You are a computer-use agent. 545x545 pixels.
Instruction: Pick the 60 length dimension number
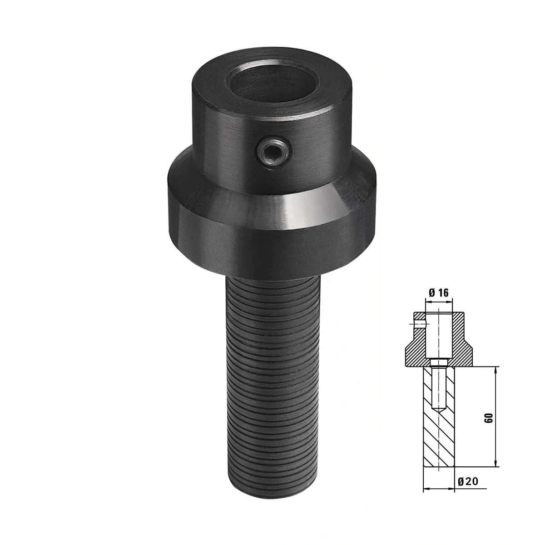tap(489, 418)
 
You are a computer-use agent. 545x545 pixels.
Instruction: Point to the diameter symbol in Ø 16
tap(432, 292)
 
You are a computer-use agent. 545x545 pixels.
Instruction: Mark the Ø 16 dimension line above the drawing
tap(438, 301)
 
